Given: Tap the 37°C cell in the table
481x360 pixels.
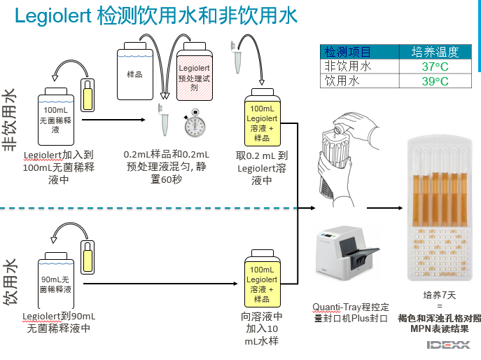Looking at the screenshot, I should coord(435,67).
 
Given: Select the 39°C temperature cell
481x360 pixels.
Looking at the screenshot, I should coord(435,81).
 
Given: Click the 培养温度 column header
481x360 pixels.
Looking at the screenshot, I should coord(435,52).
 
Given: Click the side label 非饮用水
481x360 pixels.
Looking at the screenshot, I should coord(11,118).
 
